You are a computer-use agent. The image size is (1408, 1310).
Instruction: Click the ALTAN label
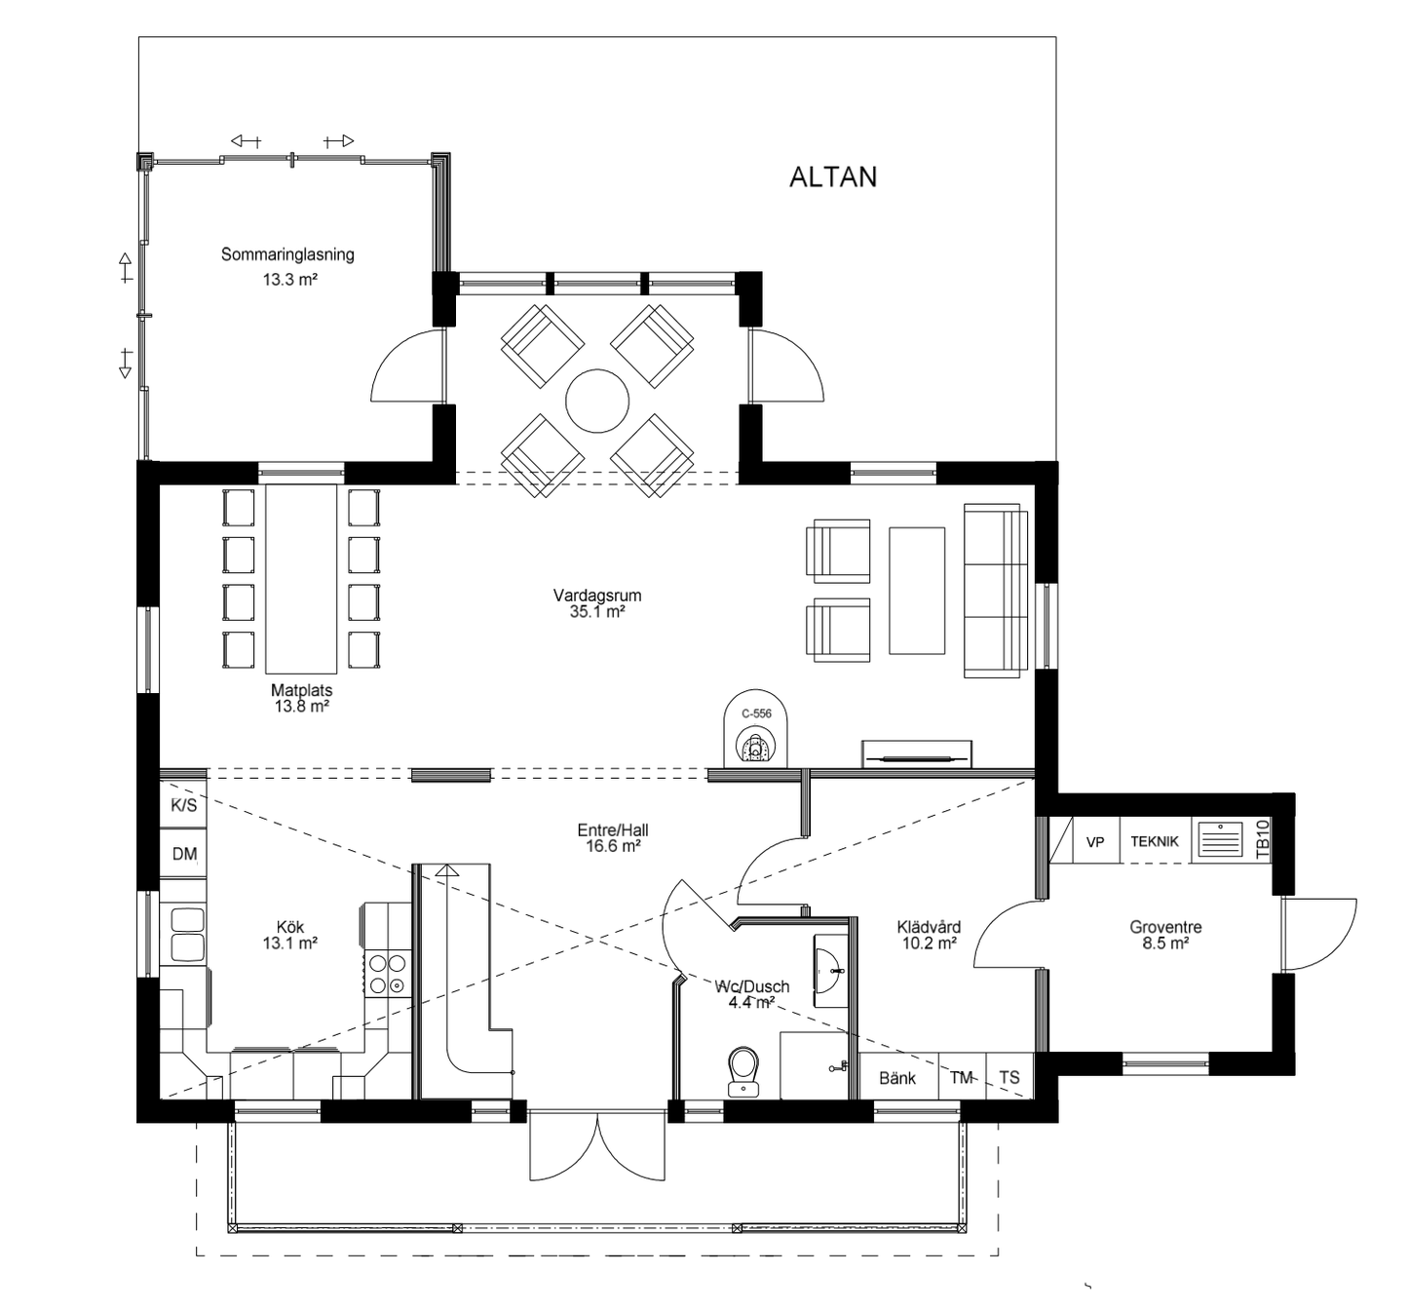[x=832, y=176]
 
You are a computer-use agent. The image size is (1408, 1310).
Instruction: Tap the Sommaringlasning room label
[x=287, y=255]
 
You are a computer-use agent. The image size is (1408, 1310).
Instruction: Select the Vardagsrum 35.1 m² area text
[x=596, y=612]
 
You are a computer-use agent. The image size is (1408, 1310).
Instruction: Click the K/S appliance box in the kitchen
[x=183, y=805]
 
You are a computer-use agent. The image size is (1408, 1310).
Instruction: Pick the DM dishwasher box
[x=184, y=854]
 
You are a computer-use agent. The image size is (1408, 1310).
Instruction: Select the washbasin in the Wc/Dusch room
[x=831, y=966]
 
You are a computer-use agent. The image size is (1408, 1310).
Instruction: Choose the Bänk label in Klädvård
[x=896, y=1078]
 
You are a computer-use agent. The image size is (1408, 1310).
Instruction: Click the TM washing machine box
[x=962, y=1078]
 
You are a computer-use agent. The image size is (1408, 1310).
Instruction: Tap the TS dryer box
[x=1009, y=1078]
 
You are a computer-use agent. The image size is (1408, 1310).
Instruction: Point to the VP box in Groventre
[x=1095, y=841]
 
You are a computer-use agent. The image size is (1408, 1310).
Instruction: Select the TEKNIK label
[x=1155, y=841]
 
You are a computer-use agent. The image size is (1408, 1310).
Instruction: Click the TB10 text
[x=1264, y=839]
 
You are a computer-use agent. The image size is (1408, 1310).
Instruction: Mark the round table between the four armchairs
[x=597, y=401]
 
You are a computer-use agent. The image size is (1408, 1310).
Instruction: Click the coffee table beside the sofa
[x=917, y=591]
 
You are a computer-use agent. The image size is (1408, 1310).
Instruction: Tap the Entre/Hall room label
[x=612, y=830]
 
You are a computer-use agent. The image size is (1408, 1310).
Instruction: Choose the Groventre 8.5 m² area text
[x=1165, y=944]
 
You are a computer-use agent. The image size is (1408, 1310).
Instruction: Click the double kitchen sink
[x=186, y=934]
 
